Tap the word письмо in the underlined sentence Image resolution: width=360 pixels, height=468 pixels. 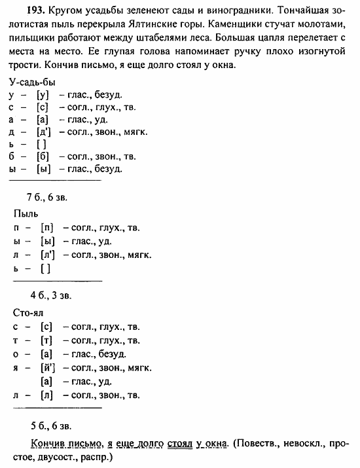pos(84,442)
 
